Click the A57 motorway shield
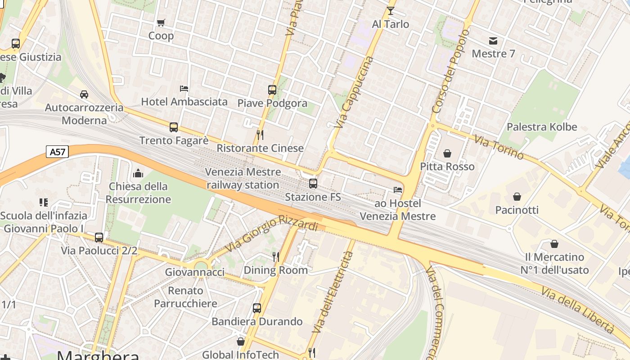coord(57,152)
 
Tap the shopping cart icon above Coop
coord(161,22)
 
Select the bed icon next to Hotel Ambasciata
coord(184,88)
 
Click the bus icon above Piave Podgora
coord(272,90)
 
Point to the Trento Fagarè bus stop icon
coord(174,127)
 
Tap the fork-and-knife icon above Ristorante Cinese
coord(260,135)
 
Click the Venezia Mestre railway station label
coord(243,178)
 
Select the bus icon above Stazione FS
coord(313,184)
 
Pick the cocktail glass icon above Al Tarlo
coord(390,10)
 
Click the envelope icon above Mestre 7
coord(493,41)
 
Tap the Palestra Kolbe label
coord(541,127)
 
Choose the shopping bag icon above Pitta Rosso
coord(447,153)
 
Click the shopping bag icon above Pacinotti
coord(517,197)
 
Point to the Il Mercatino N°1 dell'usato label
coord(554,264)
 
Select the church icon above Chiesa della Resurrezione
coord(138,173)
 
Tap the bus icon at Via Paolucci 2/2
coord(99,237)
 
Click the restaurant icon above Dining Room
coord(276,256)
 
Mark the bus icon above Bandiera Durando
coord(256,308)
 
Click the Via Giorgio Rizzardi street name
coord(271,234)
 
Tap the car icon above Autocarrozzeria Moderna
coord(84,94)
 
